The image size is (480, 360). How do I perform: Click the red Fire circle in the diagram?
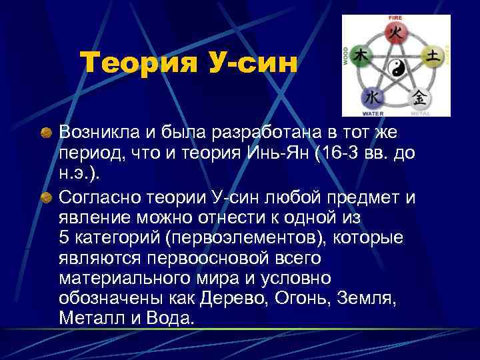tap(395, 31)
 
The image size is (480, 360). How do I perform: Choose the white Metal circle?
tap(421, 97)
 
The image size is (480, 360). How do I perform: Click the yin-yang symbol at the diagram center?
tap(397, 68)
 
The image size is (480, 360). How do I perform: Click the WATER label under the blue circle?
tap(373, 114)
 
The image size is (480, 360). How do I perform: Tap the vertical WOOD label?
tap(346, 56)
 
